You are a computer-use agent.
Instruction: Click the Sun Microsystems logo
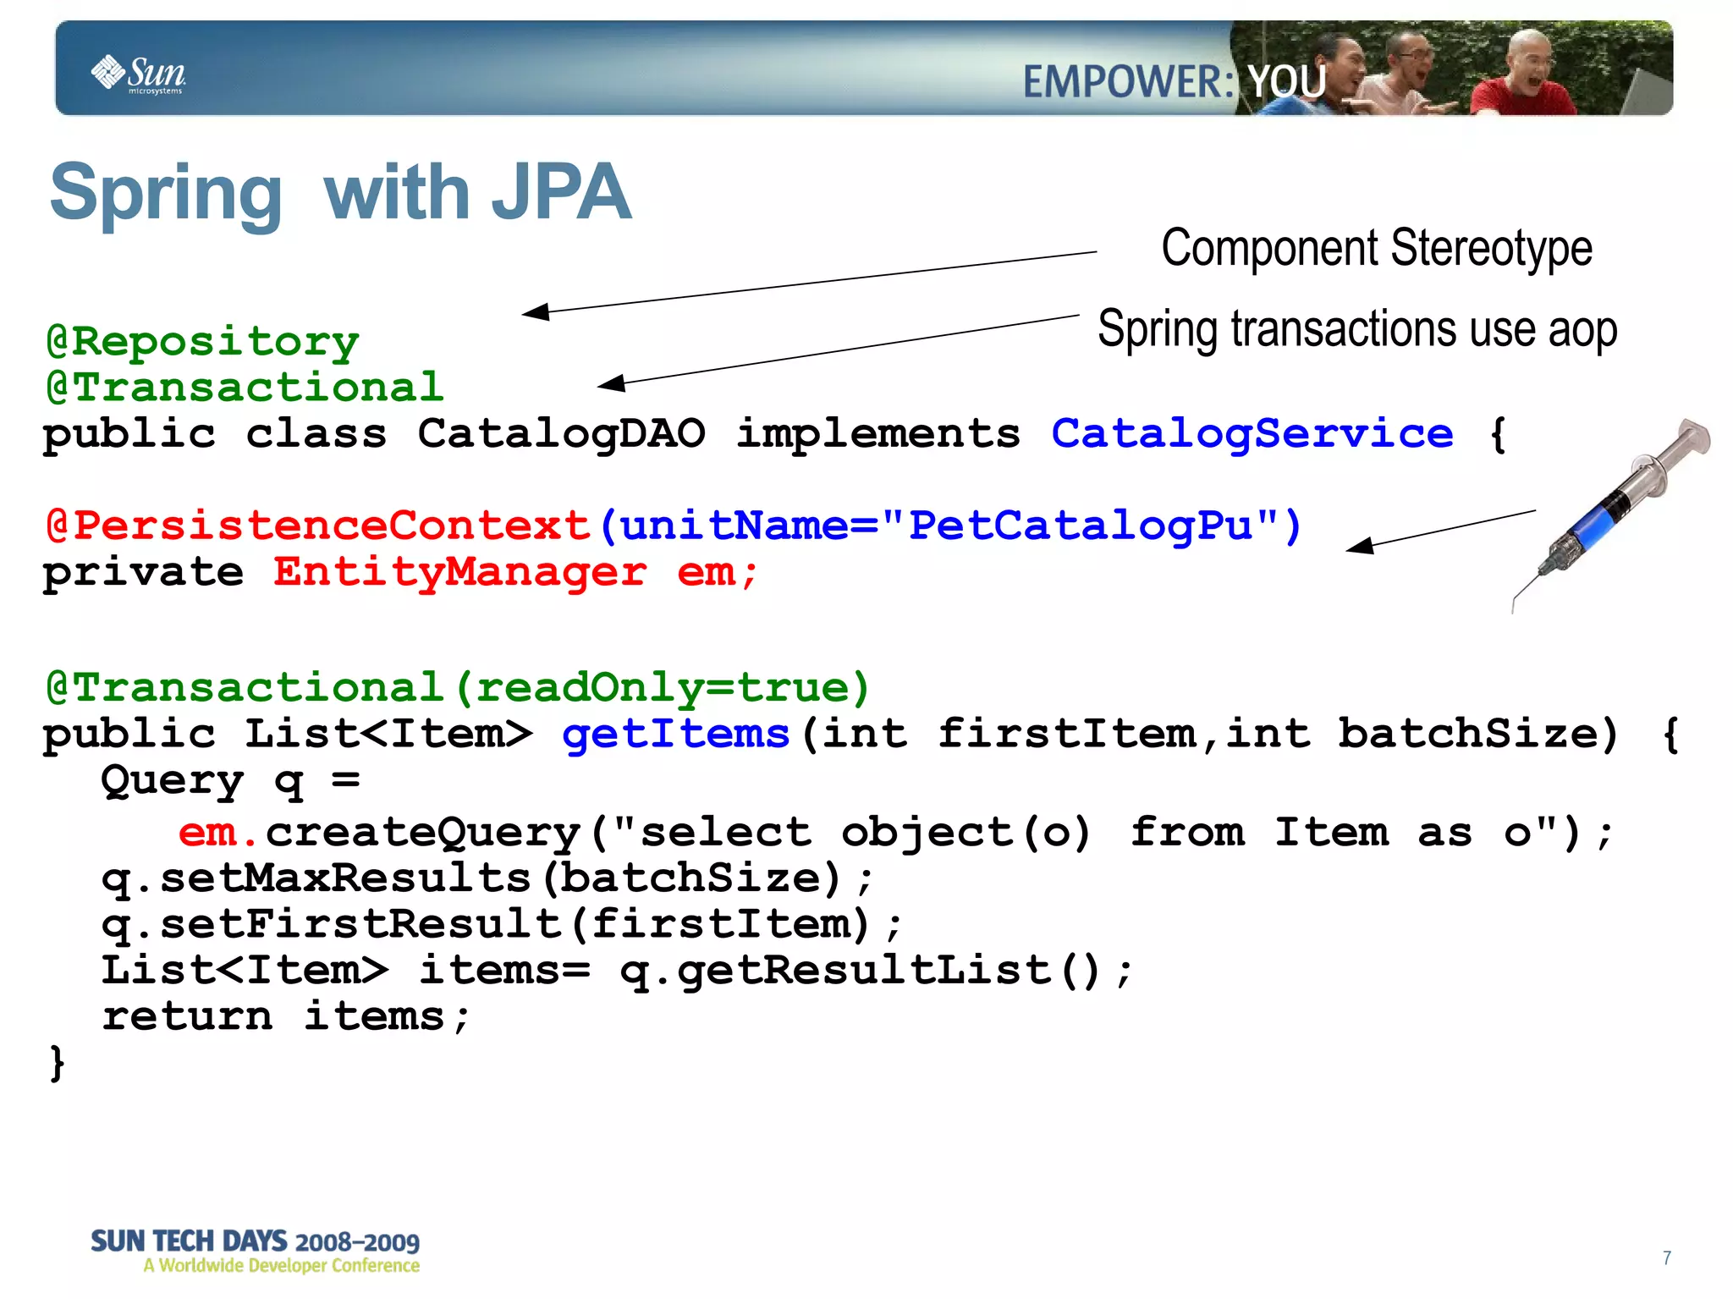click(x=139, y=74)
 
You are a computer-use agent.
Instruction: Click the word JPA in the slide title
click(x=562, y=193)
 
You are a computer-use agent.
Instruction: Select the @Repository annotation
click(x=203, y=342)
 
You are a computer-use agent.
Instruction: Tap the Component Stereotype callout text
click(x=1376, y=248)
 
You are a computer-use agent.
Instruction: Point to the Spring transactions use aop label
click(x=1356, y=329)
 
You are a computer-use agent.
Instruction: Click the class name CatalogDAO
click(x=561, y=434)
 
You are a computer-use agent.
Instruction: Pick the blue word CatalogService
click(x=1252, y=434)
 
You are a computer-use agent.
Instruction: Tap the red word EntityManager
click(x=459, y=572)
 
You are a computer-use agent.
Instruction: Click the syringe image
click(x=1612, y=512)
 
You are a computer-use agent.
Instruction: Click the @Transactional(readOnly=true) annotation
click(x=458, y=687)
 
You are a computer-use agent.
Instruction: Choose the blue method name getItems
click(x=676, y=734)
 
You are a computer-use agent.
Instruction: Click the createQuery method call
click(x=423, y=833)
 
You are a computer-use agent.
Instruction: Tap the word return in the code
click(x=187, y=1016)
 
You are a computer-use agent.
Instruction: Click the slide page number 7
click(x=1666, y=1258)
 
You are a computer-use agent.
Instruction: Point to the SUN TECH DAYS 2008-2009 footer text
click(x=255, y=1241)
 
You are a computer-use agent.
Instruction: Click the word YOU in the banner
click(x=1287, y=82)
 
